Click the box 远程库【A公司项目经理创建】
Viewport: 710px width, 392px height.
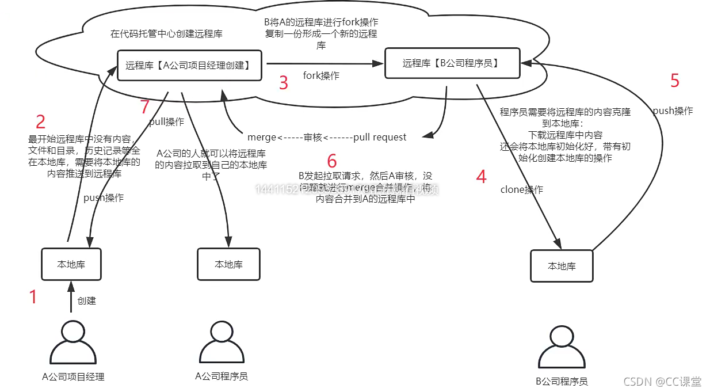(188, 65)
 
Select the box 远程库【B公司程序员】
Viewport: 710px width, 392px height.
(452, 63)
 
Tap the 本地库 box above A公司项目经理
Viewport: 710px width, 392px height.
(71, 265)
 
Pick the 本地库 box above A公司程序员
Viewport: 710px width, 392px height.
(228, 264)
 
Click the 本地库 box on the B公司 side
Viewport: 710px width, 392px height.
(561, 266)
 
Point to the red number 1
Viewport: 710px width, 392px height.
(33, 297)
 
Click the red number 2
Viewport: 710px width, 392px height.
(40, 121)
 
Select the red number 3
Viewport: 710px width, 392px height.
(283, 83)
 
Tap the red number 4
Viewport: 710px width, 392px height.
(482, 177)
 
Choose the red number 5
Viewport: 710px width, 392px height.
(675, 81)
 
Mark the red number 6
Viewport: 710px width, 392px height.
(331, 161)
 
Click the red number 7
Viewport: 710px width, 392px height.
(145, 106)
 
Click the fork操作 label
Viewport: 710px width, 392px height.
(321, 75)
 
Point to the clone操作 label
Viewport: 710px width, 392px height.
(521, 189)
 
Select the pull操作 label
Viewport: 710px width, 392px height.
(167, 122)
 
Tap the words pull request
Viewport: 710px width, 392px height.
(381, 137)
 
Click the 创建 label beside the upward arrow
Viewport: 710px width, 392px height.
(86, 300)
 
